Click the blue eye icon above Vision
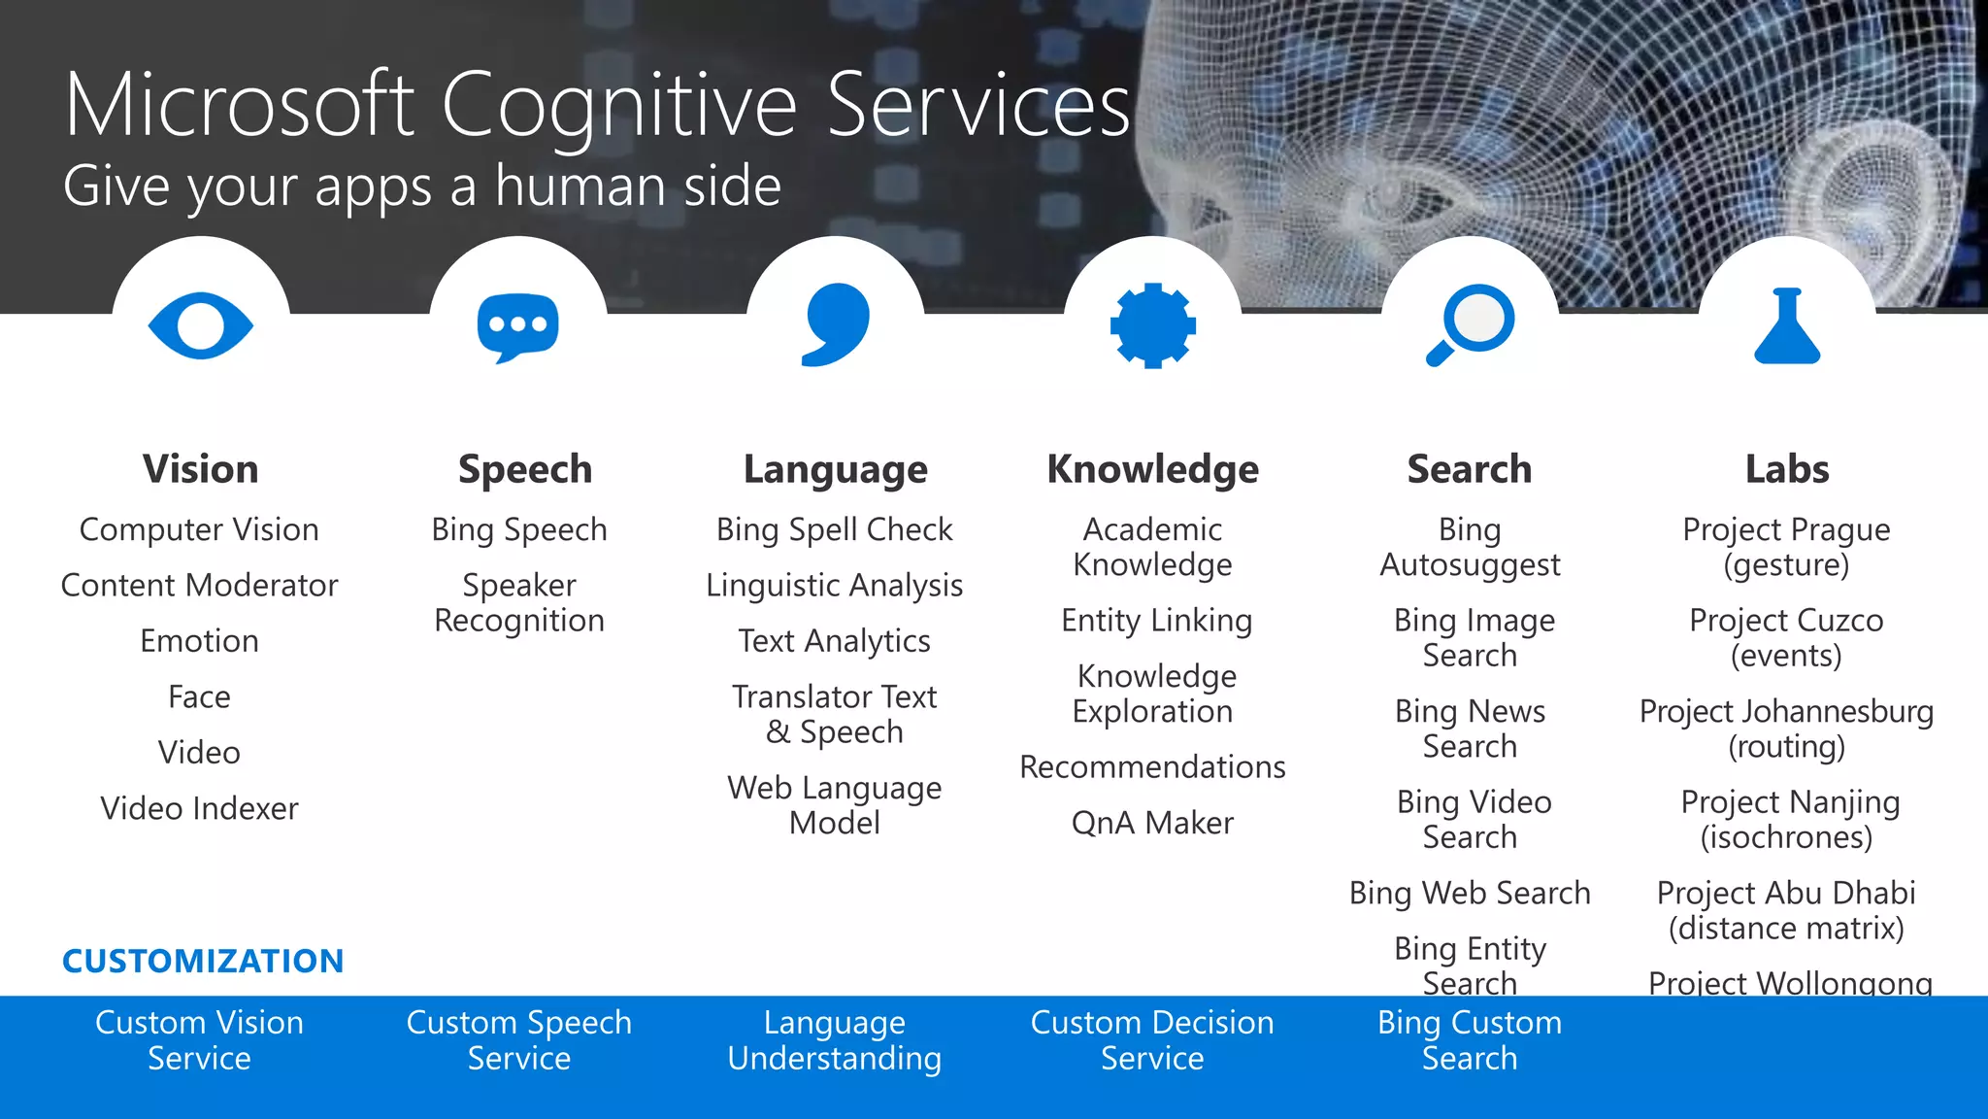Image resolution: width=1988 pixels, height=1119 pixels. tap(201, 325)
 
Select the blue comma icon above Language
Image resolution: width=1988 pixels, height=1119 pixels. tap(836, 324)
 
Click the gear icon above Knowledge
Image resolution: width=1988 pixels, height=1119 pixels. tap(1152, 325)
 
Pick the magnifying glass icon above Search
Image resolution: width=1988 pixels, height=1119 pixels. tap(1470, 324)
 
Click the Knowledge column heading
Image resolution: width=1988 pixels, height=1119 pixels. tap(1152, 469)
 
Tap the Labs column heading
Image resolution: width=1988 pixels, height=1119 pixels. tap(1787, 469)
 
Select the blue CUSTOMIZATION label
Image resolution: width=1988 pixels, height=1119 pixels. tap(203, 961)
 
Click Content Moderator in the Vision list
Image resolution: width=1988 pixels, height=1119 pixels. tap(199, 585)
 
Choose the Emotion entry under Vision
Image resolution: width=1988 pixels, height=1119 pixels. tap(199, 641)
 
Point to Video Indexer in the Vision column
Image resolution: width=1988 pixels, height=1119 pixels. tap(199, 808)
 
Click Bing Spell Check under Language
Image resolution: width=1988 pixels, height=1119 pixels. tap(835, 529)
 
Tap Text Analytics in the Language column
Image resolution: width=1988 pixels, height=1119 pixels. tap(835, 641)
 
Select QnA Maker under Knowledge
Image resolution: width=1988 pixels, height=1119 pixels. tap(1152, 823)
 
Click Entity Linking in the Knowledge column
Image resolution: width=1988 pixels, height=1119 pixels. tap(1156, 620)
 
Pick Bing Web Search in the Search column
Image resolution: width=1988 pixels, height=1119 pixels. tap(1470, 893)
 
